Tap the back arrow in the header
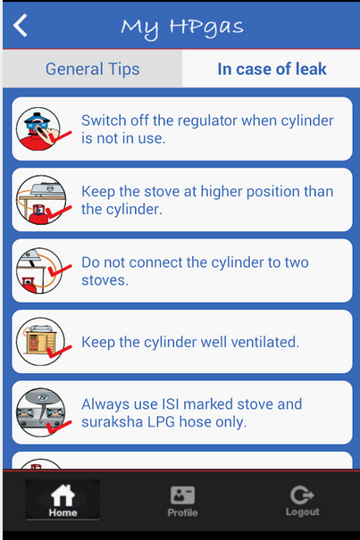tap(20, 25)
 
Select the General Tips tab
tap(92, 69)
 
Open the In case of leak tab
tap(272, 69)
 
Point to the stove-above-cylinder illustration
tap(42, 200)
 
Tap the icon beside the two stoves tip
tap(42, 270)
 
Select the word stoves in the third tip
tap(105, 280)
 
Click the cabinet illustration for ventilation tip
tap(42, 342)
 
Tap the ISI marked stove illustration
tap(42, 412)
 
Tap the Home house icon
tap(63, 495)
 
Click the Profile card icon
tap(182, 495)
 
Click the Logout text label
tap(303, 512)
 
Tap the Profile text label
tap(182, 513)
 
